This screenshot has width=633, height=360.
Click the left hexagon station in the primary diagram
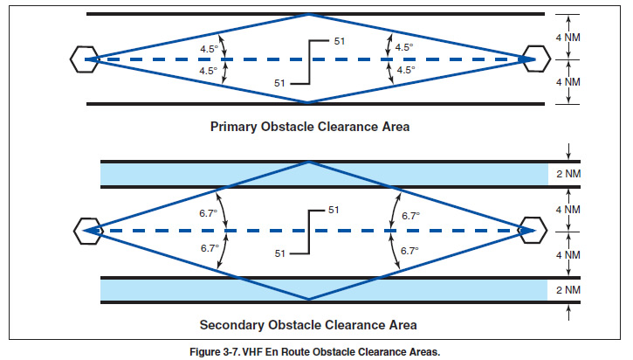83,59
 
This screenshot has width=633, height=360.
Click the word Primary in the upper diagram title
234,127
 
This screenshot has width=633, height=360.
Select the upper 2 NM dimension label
569,174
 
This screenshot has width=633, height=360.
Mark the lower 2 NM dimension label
569,289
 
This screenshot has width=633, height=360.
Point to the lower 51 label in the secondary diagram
280,253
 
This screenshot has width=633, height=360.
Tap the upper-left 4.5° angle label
209,48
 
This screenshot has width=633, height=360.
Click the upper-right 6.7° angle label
409,215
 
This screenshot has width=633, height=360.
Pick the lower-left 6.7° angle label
209,248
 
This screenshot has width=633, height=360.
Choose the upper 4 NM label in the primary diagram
569,37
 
